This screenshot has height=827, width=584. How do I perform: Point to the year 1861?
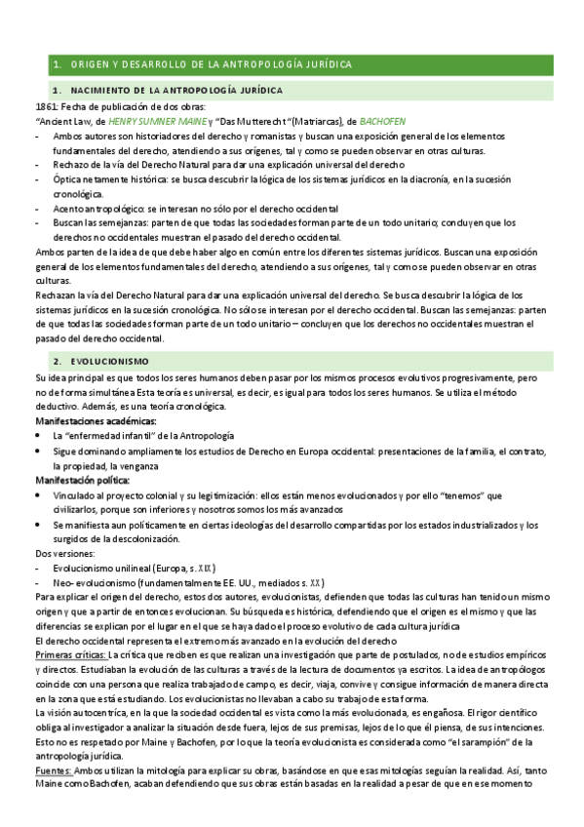coord(46,106)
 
